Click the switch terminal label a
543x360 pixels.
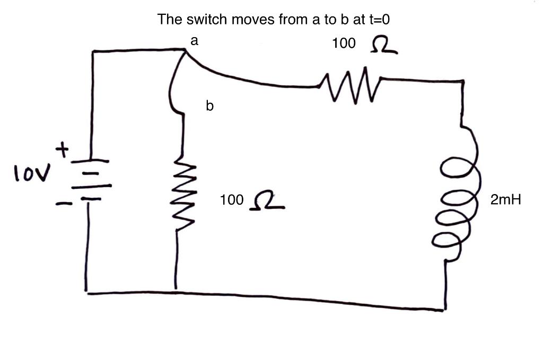195,41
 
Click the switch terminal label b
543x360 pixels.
210,107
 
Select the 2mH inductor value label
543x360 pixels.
506,200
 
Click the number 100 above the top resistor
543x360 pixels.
344,43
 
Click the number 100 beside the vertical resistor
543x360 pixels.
232,200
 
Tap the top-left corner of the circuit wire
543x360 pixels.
93,51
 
